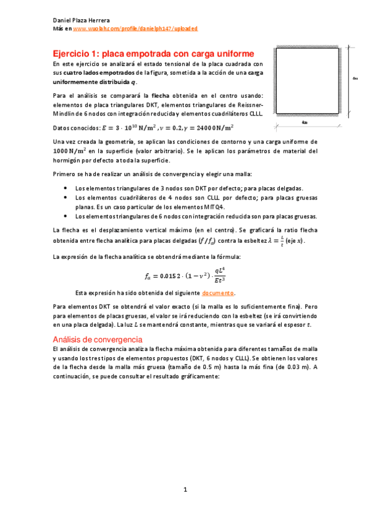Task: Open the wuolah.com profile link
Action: (135, 28)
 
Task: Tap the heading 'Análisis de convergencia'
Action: (98, 339)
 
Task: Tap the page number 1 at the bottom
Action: (185, 491)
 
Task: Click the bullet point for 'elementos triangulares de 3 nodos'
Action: (66, 188)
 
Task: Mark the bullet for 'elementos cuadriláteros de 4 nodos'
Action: (66, 197)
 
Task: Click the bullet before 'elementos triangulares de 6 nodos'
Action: (66, 216)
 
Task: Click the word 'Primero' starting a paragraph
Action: (65, 175)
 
